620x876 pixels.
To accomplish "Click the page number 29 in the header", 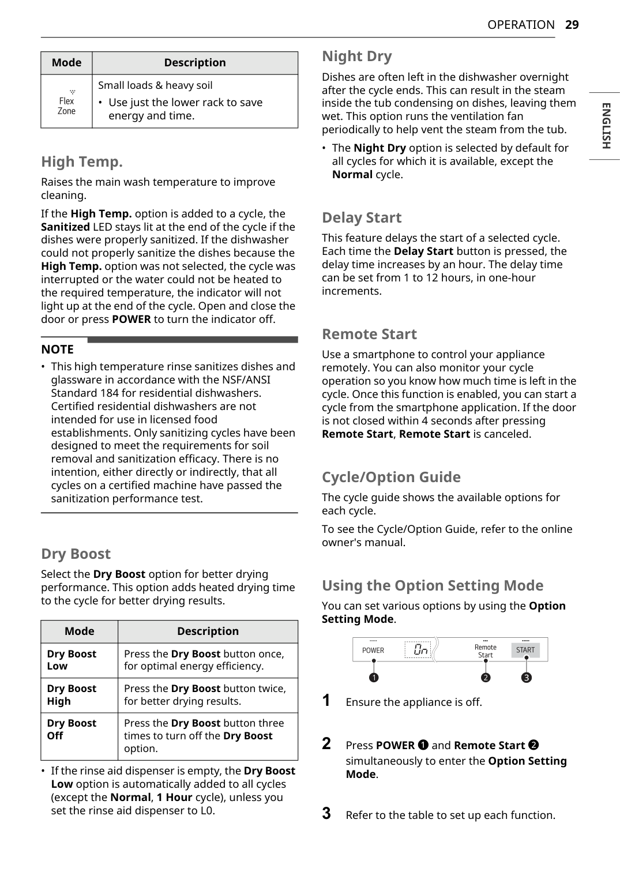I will pyautogui.click(x=572, y=25).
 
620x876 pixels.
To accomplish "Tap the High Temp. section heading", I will pyautogui.click(x=82, y=161).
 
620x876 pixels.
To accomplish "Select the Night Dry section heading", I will pyautogui.click(x=356, y=57).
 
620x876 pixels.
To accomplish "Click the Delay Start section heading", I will pyautogui.click(x=362, y=217).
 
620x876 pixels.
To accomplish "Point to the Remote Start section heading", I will pyautogui.click(x=369, y=334).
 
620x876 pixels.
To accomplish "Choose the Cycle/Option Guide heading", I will pyautogui.click(x=391, y=477).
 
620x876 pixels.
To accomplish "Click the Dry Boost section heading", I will pyautogui.click(x=76, y=554).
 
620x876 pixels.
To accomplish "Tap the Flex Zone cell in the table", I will pyautogui.click(x=66, y=102).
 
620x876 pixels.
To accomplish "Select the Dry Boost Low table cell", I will pyautogui.click(x=72, y=660).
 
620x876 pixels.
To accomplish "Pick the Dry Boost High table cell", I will pyautogui.click(x=72, y=695).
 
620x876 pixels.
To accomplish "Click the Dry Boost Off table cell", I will pyautogui.click(x=72, y=730).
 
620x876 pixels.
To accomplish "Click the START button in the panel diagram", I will pyautogui.click(x=525, y=650).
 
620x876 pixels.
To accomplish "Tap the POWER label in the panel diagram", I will pyautogui.click(x=373, y=651).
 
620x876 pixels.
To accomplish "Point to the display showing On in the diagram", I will pyautogui.click(x=418, y=650).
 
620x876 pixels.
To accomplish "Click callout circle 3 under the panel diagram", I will pyautogui.click(x=527, y=678).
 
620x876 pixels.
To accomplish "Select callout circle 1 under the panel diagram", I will pyautogui.click(x=374, y=678).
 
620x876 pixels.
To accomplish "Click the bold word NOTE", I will pyautogui.click(x=57, y=349).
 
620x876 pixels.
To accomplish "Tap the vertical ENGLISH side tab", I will pyautogui.click(x=606, y=126).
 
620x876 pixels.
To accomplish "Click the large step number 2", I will pyautogui.click(x=326, y=743).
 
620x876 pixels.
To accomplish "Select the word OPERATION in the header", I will pyautogui.click(x=521, y=25).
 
